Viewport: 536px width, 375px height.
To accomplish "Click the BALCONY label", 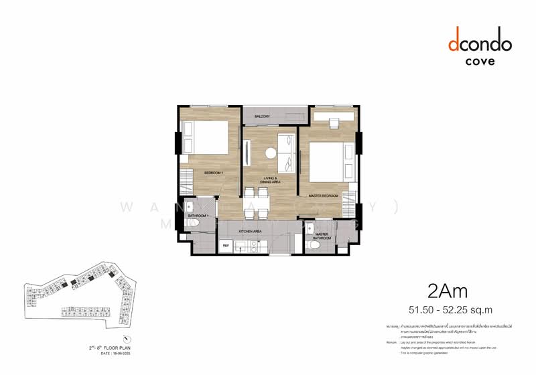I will pyautogui.click(x=261, y=117).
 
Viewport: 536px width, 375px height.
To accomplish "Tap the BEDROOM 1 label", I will pyautogui.click(x=214, y=173).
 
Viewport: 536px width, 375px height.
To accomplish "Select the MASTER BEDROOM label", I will pyautogui.click(x=322, y=196).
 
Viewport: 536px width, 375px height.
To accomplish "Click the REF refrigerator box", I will pyautogui.click(x=227, y=246).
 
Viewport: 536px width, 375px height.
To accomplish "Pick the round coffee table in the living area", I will pyautogui.click(x=271, y=153).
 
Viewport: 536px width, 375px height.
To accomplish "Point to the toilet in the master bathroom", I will pyautogui.click(x=314, y=246).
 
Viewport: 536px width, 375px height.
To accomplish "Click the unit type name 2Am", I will pyautogui.click(x=448, y=291).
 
